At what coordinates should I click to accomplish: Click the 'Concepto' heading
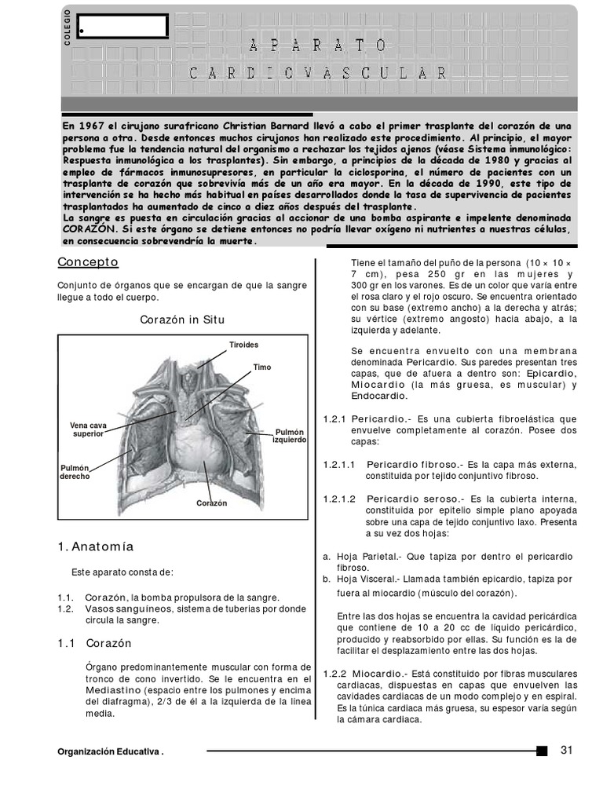88,261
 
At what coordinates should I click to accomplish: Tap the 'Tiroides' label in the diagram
243,345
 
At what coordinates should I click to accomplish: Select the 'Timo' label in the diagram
261,367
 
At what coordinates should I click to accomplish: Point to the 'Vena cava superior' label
88,429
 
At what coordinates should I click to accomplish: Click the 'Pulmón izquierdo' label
288,436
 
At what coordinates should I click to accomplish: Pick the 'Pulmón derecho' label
75,472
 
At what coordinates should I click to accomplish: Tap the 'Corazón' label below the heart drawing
211,502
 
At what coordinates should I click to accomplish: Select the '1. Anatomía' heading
96,546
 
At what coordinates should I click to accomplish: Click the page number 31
568,750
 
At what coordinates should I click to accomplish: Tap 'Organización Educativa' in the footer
109,751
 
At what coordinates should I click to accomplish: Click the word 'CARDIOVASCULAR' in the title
318,73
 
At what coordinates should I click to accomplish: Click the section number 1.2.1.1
339,464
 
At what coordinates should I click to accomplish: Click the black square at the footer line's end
542,751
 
